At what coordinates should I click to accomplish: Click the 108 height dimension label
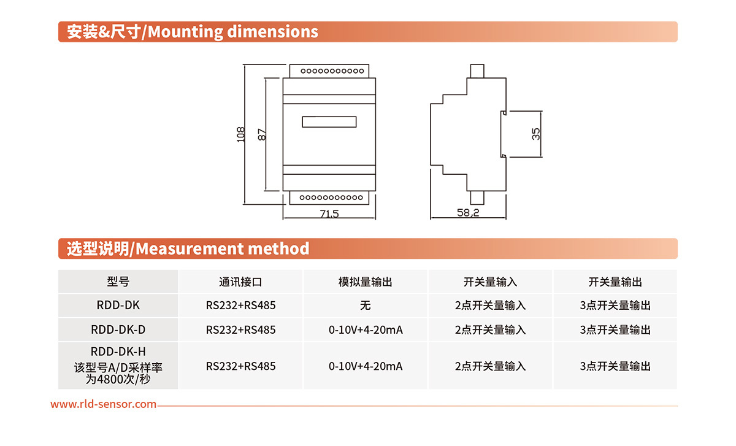tap(241, 134)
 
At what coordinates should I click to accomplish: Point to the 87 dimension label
tap(262, 134)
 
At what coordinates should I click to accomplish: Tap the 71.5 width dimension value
tap(329, 214)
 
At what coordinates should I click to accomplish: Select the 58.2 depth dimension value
tap(468, 213)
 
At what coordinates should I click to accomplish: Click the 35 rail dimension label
tap(536, 134)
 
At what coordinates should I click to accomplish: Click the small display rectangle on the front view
tap(329, 121)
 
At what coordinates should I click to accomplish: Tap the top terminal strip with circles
tap(329, 71)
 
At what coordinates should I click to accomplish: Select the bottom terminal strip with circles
tap(329, 198)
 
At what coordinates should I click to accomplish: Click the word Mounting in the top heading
tap(185, 33)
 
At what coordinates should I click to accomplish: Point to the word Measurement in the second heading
tap(190, 249)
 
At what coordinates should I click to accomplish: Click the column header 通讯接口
tap(240, 282)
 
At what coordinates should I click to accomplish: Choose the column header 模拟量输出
tap(366, 282)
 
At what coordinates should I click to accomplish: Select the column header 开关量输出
tap(615, 282)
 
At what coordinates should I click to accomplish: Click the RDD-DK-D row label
tap(118, 329)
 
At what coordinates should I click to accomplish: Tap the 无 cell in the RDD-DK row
tap(366, 306)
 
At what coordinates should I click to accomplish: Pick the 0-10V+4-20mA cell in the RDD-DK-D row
tap(366, 329)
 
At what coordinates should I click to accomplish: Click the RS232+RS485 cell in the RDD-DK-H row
tap(240, 366)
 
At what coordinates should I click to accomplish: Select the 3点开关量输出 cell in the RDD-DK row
tap(615, 306)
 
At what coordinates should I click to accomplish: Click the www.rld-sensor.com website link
tap(103, 404)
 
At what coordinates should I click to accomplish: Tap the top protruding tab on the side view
tap(477, 71)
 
